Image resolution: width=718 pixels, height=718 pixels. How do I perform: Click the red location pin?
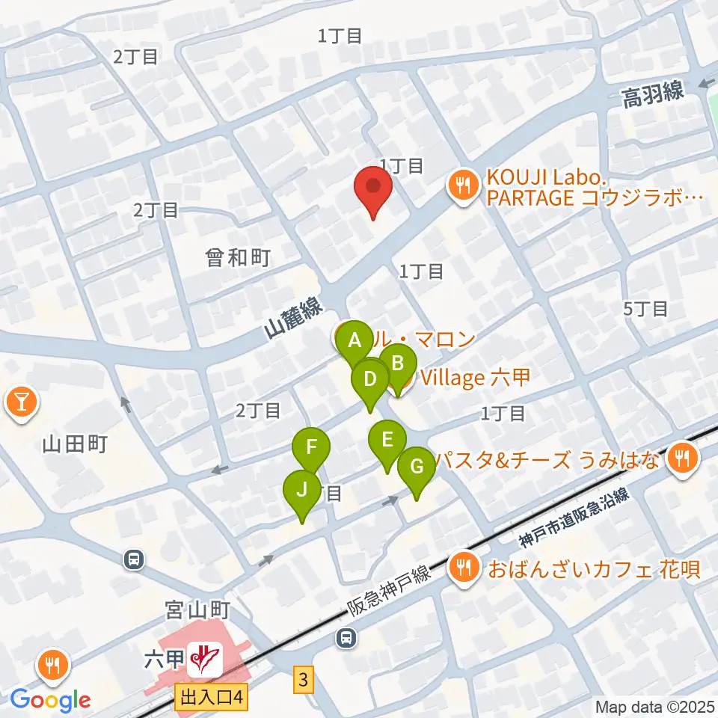(x=372, y=188)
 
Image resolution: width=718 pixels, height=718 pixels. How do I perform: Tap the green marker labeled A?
(x=355, y=341)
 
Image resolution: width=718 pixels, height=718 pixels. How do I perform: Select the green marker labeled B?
(x=398, y=363)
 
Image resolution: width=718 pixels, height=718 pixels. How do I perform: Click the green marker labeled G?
(x=417, y=467)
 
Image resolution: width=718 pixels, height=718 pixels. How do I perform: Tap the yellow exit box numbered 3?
(x=301, y=681)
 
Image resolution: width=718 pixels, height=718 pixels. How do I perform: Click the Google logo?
(x=50, y=700)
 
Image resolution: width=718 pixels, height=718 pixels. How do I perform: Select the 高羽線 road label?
(x=652, y=93)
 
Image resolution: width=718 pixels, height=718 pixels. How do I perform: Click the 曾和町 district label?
(x=238, y=258)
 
